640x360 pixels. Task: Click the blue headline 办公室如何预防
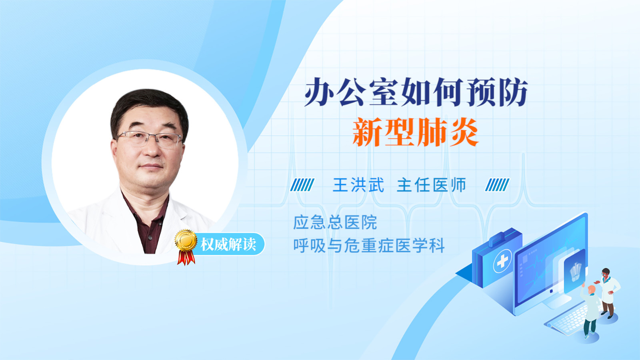pyautogui.click(x=416, y=92)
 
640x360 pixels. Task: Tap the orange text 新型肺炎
pyautogui.click(x=416, y=132)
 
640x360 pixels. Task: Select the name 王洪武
pyautogui.click(x=358, y=185)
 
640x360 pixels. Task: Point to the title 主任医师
pyautogui.click(x=432, y=185)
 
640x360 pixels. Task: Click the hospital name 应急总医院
pyautogui.click(x=335, y=222)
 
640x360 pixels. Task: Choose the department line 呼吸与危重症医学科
pyautogui.click(x=369, y=246)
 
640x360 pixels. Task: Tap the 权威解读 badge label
pyautogui.click(x=228, y=244)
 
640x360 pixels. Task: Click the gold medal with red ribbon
pyautogui.click(x=186, y=247)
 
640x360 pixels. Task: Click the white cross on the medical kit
pyautogui.click(x=502, y=261)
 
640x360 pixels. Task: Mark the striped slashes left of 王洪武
pyautogui.click(x=302, y=185)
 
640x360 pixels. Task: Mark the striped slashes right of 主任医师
pyautogui.click(x=497, y=185)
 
